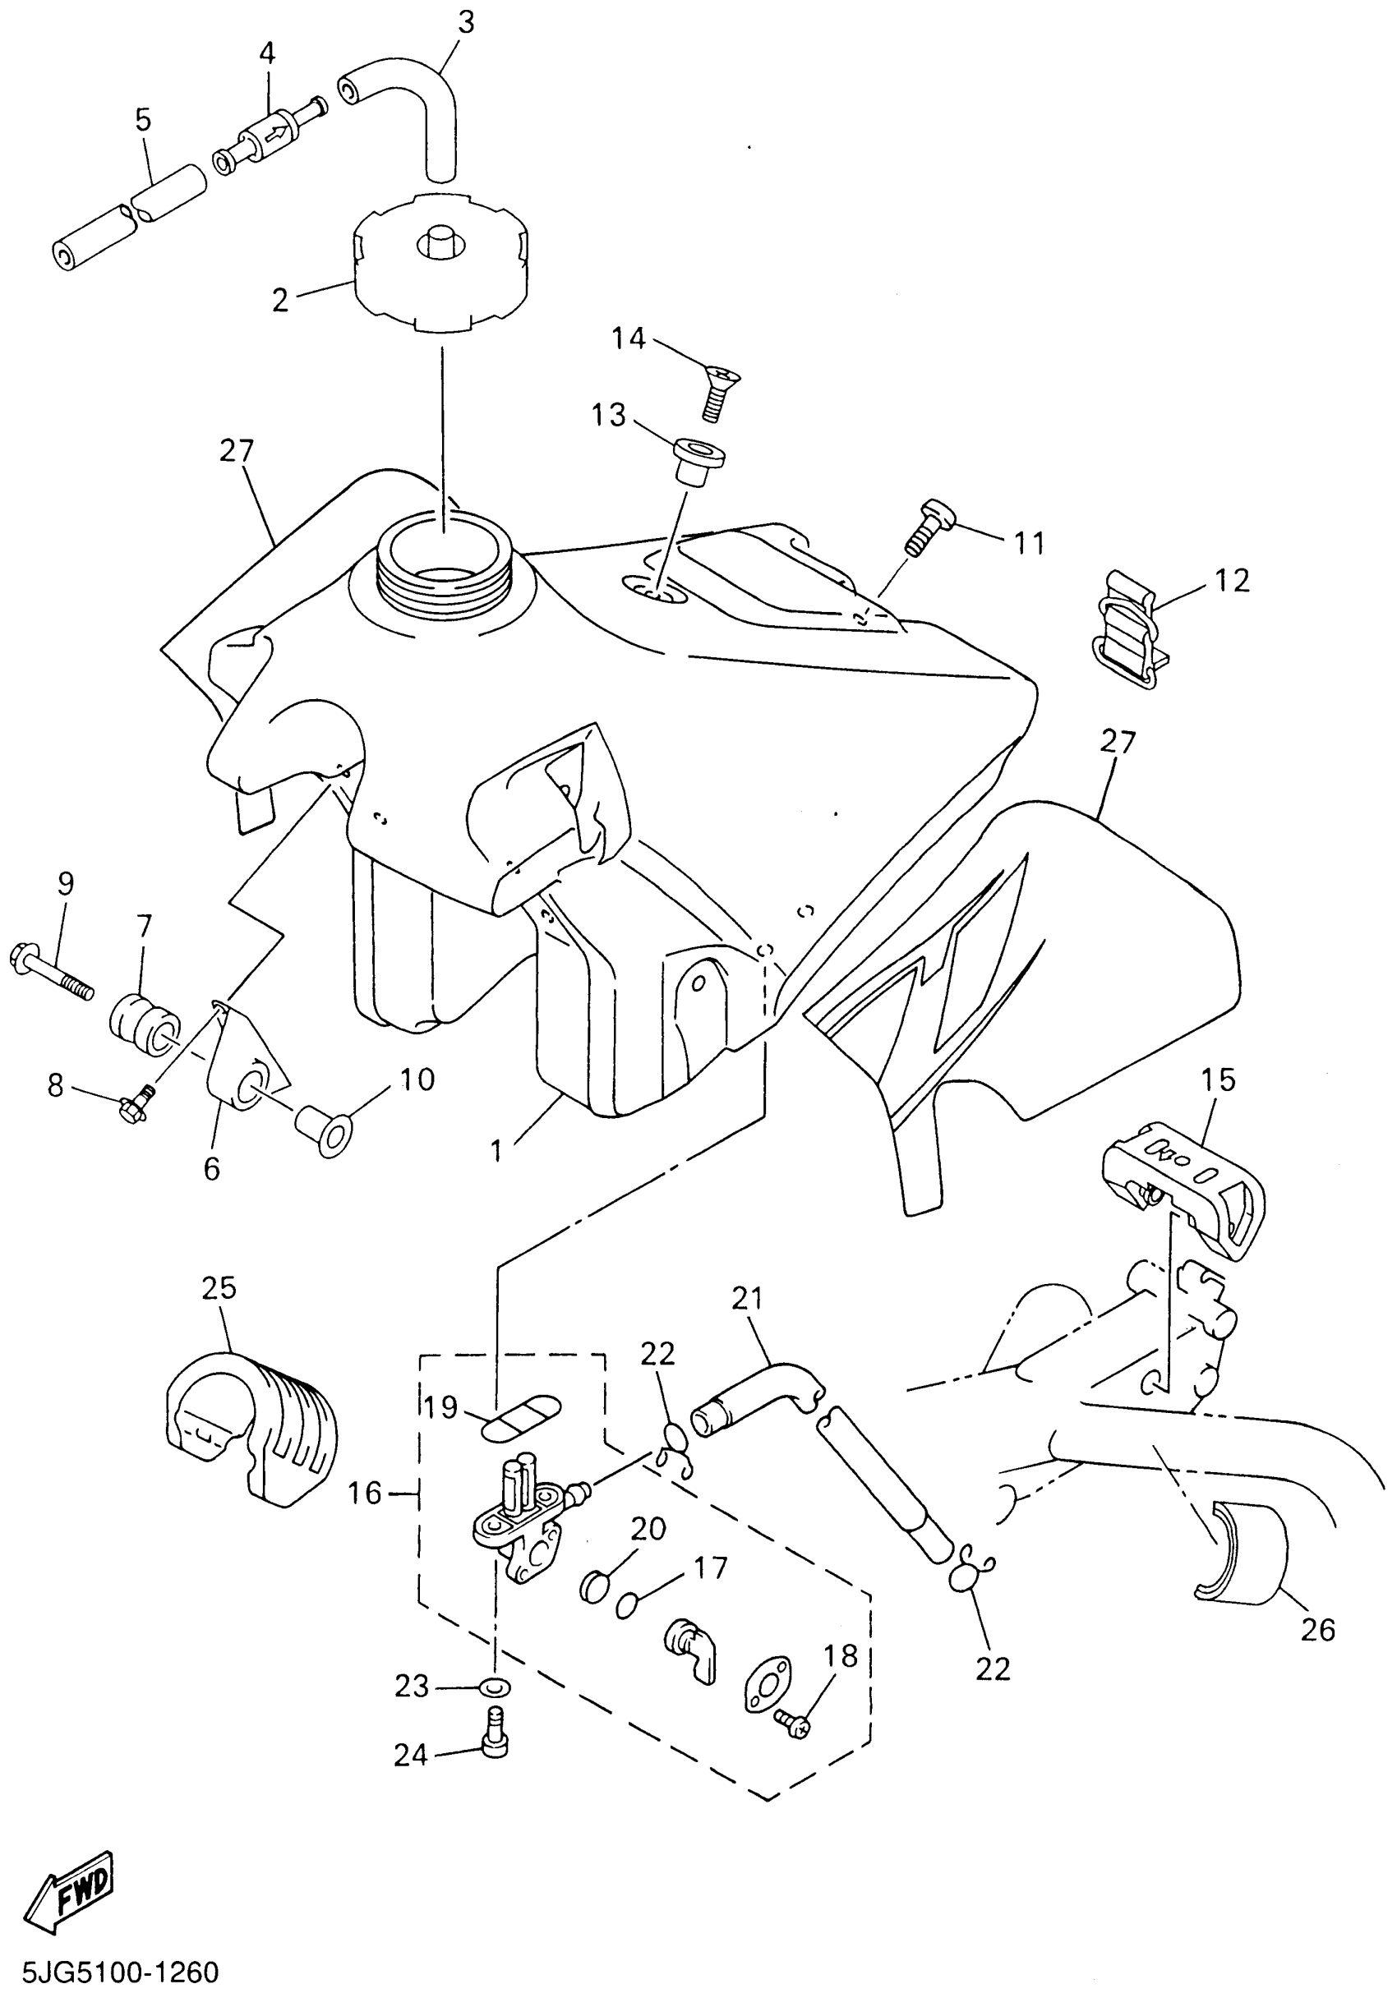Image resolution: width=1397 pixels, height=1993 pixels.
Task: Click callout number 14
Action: pyautogui.click(x=629, y=338)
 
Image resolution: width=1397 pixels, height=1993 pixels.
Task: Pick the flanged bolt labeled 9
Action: pyautogui.click(x=52, y=975)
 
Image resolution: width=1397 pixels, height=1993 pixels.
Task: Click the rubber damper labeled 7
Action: pyautogui.click(x=143, y=1023)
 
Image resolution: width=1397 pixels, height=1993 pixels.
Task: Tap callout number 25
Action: pyautogui.click(x=219, y=1287)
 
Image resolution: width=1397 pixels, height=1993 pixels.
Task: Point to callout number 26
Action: pyautogui.click(x=1317, y=1630)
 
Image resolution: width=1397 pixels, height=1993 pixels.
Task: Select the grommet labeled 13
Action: pyautogui.click(x=697, y=462)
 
